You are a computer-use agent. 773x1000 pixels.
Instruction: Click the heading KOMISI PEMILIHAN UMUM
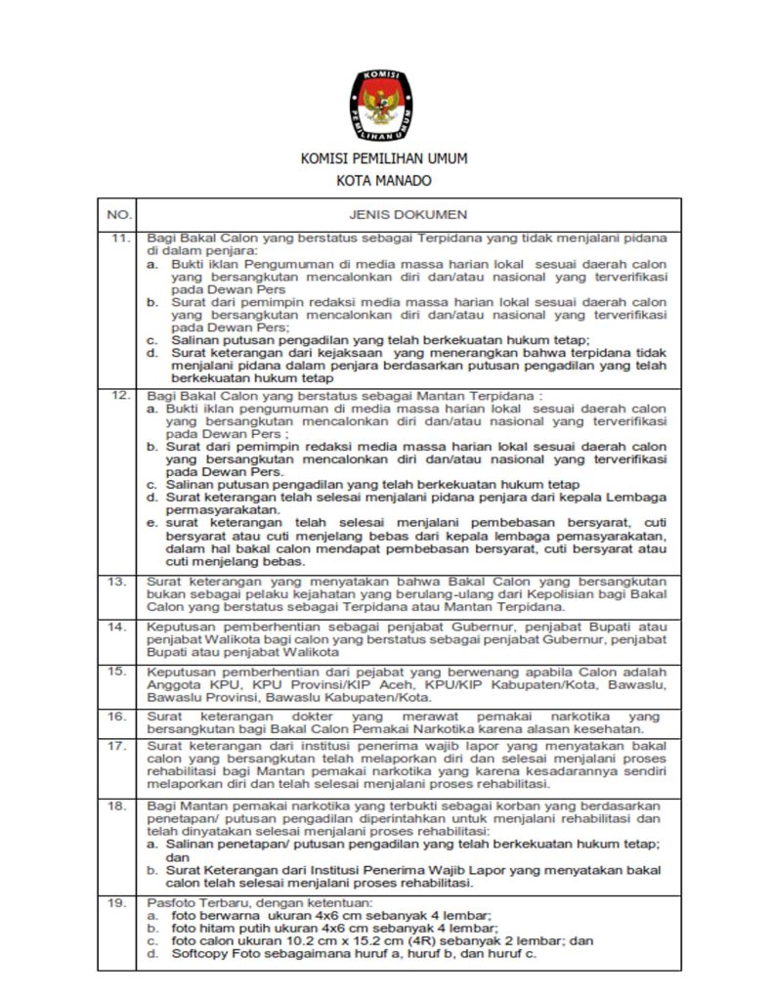point(383,158)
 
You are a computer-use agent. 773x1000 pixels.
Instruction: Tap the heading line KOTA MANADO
point(383,180)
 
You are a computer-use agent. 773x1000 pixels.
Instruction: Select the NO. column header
point(118,213)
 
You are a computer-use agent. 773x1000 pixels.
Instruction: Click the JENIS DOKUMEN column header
point(408,213)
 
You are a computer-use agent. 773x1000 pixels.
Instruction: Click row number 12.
point(119,395)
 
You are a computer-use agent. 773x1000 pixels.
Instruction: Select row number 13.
point(119,582)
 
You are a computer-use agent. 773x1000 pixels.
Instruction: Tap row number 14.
point(119,626)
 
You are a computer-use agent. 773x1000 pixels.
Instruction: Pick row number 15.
point(119,672)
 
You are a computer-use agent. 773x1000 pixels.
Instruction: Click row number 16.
point(119,717)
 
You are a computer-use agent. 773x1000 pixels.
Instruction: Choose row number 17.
point(119,746)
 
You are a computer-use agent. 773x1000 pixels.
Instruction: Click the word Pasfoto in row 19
point(168,902)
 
